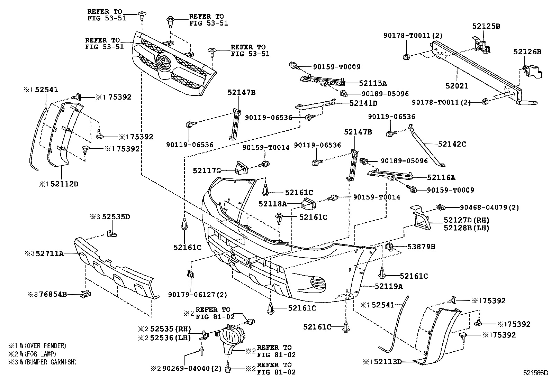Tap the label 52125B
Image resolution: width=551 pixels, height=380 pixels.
pos(486,26)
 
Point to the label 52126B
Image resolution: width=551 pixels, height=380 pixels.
pos(527,52)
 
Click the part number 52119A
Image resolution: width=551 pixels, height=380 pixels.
pos(389,286)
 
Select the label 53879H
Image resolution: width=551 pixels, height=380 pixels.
pos(421,247)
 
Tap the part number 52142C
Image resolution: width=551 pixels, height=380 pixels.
pos(452,144)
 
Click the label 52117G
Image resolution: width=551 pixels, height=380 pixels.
pos(207,170)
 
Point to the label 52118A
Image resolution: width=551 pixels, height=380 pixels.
pos(273,204)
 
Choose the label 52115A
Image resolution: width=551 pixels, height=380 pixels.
pos(373,83)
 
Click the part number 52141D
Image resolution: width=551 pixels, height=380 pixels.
pos(363,103)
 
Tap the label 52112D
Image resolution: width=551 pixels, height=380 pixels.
pos(64,184)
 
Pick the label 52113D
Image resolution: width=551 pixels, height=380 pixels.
pos(387,362)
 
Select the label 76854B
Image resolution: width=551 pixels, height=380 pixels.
pos(53,294)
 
